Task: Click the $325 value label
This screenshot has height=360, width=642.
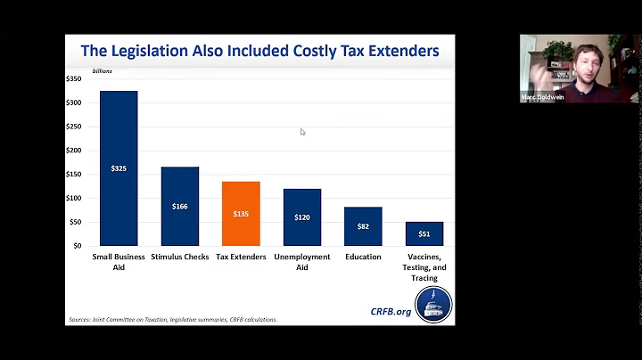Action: click(119, 168)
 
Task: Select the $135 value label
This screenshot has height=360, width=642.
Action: click(241, 214)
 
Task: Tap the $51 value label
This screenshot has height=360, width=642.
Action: click(424, 234)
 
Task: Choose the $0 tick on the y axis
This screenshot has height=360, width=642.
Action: click(78, 245)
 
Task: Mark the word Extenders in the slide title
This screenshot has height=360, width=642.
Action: click(398, 52)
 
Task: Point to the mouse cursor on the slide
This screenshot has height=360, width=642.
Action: click(302, 132)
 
